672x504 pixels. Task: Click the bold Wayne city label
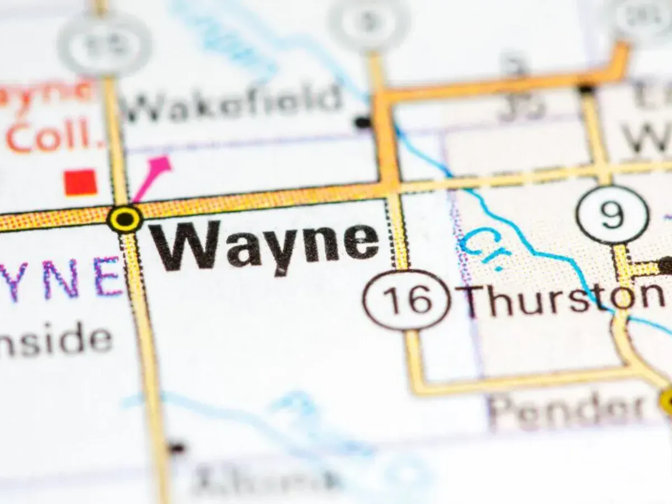coord(264,246)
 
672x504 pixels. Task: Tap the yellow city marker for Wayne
coord(124,218)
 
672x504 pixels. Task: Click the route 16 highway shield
coord(407,300)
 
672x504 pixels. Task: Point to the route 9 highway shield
coord(613,215)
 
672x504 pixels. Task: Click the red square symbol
coord(81,183)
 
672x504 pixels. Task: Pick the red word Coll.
coord(56,137)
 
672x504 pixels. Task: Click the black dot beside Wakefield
coord(363,121)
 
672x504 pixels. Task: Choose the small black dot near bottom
coord(176,447)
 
